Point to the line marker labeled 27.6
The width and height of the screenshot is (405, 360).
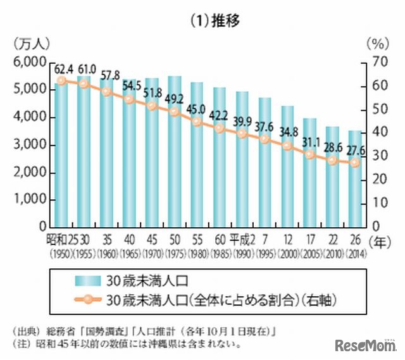(355, 162)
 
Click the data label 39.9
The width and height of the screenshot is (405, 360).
(242, 120)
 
